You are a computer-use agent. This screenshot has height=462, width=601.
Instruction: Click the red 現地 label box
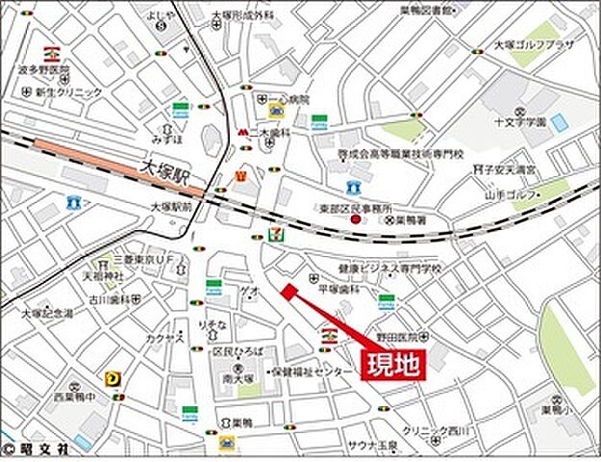coord(392,365)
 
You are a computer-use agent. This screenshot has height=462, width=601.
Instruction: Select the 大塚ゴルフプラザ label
coord(533,44)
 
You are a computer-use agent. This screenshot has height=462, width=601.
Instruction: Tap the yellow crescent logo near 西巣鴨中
coord(115,379)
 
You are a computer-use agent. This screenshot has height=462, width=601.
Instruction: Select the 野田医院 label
coord(398,338)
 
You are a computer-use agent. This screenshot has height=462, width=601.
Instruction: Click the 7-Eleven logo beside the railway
coord(278,234)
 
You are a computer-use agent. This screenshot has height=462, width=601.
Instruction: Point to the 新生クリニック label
coord(68,92)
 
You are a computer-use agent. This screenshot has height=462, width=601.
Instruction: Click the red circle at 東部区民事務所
coord(355,220)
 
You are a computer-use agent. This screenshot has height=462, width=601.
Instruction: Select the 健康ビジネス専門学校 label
coord(390,270)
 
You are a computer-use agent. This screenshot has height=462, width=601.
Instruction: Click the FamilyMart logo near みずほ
coord(180,112)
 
